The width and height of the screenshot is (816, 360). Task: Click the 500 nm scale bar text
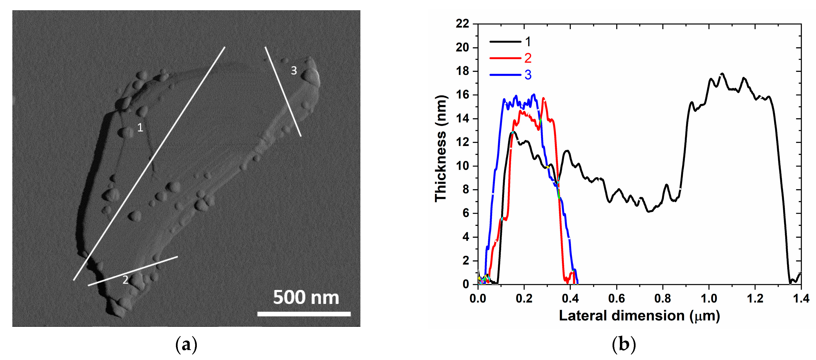(306, 298)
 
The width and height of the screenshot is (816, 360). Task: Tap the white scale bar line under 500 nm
(304, 314)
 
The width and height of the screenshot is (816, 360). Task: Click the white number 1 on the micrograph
(140, 128)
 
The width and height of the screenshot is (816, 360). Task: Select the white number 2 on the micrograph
(125, 280)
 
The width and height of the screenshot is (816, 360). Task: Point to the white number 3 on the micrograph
(294, 71)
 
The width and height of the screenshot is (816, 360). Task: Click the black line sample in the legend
(505, 42)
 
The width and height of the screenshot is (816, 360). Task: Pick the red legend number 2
(528, 58)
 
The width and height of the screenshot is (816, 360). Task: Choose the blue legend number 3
(528, 75)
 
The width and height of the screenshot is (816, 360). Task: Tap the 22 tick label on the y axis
(462, 24)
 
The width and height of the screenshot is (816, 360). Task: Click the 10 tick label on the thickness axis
(462, 166)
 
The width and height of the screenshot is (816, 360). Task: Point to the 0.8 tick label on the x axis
(663, 298)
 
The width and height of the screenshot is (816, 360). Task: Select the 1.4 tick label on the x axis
(801, 298)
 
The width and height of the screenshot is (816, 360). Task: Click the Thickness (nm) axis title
(441, 148)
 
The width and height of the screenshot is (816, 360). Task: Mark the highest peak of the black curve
(722, 74)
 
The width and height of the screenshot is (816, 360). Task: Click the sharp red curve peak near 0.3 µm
(544, 98)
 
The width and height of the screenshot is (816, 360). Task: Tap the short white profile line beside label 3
(283, 92)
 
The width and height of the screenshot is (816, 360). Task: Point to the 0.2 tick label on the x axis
(524, 298)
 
